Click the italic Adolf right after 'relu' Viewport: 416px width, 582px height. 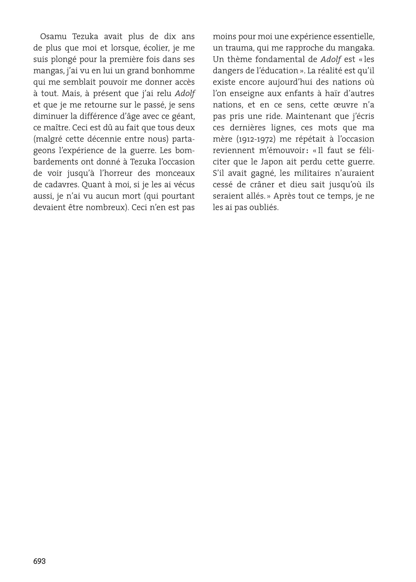point(185,94)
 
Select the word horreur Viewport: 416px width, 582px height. point(122,173)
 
